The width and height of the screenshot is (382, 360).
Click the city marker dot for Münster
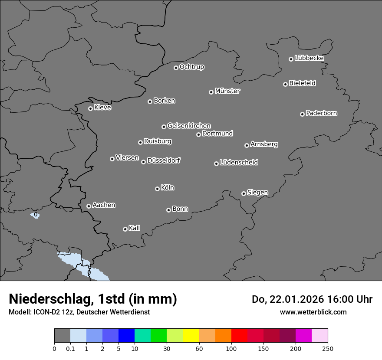pos(211,92)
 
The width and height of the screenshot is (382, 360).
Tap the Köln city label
pos(168,188)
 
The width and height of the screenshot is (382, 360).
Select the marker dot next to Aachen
pos(89,206)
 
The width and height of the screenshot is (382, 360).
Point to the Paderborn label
pos(321,113)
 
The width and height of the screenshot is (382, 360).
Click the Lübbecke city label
pos(309,58)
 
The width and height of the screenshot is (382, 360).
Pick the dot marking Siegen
pos(244,193)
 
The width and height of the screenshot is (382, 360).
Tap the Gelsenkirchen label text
pos(189,126)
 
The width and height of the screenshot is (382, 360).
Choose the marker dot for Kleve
pos(90,108)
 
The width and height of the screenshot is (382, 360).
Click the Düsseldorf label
pos(164,160)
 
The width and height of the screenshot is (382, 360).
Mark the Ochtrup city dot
pos(176,68)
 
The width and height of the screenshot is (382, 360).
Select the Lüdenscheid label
pos(239,163)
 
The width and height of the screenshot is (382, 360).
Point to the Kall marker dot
pos(125,229)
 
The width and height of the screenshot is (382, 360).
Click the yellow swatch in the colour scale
pos(191,336)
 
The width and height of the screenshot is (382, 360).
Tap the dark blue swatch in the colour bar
pos(126,336)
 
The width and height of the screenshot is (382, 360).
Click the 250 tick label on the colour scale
pos(328,348)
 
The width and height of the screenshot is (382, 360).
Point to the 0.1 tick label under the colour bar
pos(70,348)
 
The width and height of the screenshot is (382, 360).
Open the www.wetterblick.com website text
pos(313,312)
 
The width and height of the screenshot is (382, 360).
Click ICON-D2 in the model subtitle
pos(47,312)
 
